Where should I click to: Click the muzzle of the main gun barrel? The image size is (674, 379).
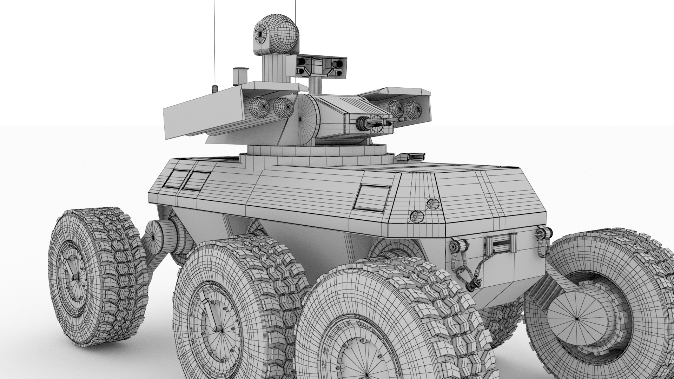pyautogui.click(x=360, y=122)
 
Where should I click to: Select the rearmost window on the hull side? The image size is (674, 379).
pyautogui.click(x=175, y=179)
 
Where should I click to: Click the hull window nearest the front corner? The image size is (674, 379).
pyautogui.click(x=372, y=198)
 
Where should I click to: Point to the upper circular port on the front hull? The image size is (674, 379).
pyautogui.click(x=432, y=204)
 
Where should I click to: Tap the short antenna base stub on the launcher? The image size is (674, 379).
pyautogui.click(x=215, y=89)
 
